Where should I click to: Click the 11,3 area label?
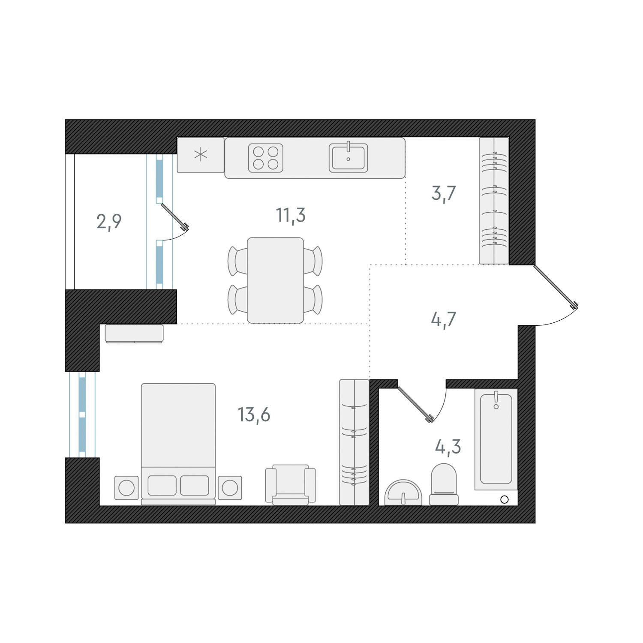(291, 215)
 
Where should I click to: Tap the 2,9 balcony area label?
(109, 222)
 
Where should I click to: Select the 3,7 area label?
(443, 194)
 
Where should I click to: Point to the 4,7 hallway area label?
(443, 320)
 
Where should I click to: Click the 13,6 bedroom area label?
(254, 415)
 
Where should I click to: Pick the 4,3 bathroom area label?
(448, 447)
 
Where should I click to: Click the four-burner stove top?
(266, 158)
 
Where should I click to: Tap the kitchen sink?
(348, 158)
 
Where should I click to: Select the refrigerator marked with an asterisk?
(201, 155)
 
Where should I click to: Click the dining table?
(275, 280)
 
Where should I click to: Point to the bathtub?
(496, 439)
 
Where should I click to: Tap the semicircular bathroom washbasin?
(403, 493)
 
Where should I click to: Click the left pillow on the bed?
(162, 486)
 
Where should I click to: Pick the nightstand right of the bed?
(230, 488)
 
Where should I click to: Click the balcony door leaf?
(174, 217)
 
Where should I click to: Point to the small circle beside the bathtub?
(504, 499)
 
